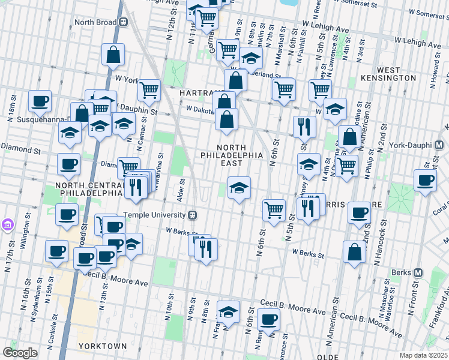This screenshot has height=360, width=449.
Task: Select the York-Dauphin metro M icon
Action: coord(439,145)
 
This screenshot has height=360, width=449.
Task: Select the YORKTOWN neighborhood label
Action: coord(102,346)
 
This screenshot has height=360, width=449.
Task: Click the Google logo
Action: coord(20,353)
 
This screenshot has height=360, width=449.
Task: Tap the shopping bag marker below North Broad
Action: coord(113,55)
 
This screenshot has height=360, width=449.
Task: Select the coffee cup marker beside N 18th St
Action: coord(40,100)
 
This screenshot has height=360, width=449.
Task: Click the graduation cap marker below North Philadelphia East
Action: coord(239,188)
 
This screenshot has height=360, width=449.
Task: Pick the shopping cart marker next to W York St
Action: coord(148,90)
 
